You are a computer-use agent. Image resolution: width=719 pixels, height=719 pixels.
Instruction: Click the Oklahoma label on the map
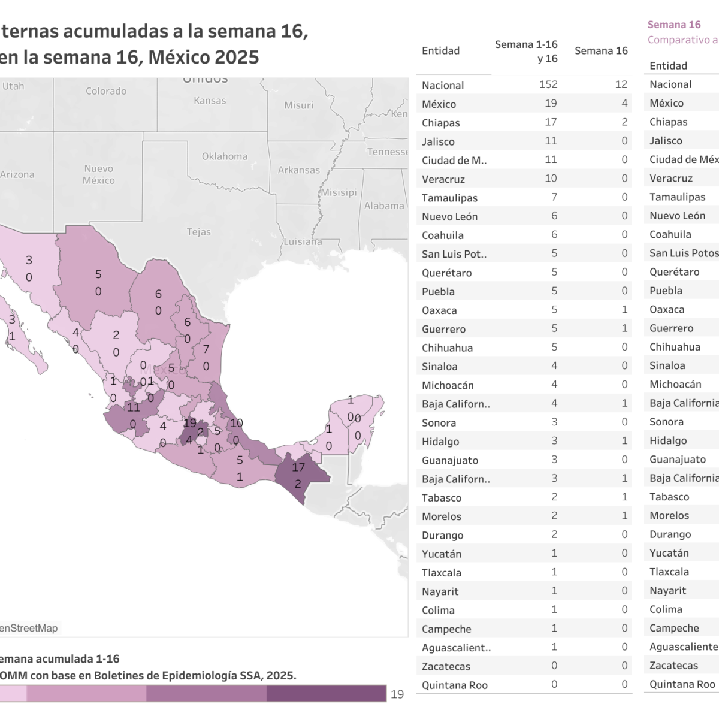coord(225,156)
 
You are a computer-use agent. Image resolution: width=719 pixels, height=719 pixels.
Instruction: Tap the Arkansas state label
coord(298,170)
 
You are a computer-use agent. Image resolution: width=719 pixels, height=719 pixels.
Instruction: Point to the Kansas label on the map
coord(210,101)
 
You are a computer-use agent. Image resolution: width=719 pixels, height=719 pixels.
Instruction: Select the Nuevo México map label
coord(98,174)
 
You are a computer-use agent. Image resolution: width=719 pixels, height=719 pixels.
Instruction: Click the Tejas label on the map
coord(198,232)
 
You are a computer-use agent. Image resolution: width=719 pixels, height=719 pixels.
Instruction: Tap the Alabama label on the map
coord(384,206)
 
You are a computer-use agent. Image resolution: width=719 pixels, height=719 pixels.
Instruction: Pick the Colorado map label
coord(106,91)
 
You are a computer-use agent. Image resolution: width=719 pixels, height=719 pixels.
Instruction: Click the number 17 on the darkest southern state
coord(298,467)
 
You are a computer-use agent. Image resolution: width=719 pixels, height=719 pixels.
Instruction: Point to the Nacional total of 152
coord(548,84)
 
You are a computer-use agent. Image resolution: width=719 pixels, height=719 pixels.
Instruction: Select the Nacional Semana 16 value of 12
coord(621,84)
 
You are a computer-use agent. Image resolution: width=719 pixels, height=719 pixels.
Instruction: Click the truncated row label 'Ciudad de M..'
coord(454,161)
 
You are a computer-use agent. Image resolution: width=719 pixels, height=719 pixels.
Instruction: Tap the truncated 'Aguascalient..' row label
coord(456,648)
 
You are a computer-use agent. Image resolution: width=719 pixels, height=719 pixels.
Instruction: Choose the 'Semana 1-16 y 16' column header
coord(526,52)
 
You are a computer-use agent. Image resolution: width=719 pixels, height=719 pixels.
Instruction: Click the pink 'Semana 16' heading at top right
coord(674,25)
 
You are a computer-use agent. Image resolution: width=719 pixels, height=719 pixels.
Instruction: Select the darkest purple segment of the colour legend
coord(326,694)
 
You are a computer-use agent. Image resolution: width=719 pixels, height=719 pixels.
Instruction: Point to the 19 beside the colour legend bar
coord(397,694)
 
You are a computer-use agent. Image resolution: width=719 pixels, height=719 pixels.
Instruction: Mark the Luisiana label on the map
coord(302,242)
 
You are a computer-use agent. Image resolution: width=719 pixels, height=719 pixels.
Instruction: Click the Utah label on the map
coord(13,86)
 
